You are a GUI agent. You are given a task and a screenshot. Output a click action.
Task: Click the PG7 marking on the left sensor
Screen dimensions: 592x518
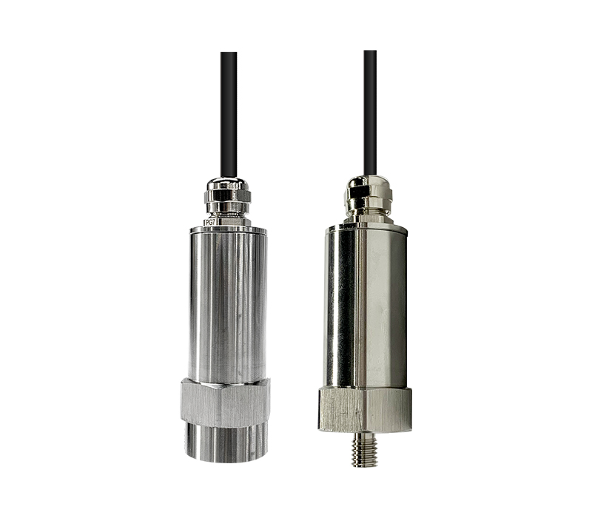(209, 223)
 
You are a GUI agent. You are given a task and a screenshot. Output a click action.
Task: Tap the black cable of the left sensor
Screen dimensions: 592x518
(229, 115)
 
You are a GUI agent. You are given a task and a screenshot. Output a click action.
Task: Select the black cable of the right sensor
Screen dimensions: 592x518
(370, 112)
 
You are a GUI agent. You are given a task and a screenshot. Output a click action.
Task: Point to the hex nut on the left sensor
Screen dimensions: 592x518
(225, 403)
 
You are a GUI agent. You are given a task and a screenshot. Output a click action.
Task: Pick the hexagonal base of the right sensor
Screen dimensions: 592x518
(365, 409)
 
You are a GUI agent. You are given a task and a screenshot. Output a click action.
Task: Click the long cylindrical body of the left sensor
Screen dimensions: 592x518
(228, 306)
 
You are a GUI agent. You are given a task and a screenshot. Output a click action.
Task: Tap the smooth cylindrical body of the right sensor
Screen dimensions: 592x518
(366, 308)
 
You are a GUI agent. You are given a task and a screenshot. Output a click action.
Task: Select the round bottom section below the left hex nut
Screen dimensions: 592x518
(226, 443)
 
